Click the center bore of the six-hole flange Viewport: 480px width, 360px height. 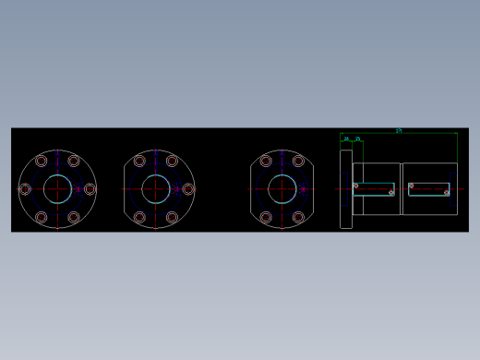pyautogui.click(x=57, y=188)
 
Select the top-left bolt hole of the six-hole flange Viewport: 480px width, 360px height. pyautogui.click(x=41, y=161)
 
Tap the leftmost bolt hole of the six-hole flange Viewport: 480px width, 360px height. pyautogui.click(x=25, y=189)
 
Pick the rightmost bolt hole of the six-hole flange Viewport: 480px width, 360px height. pyautogui.click(x=90, y=189)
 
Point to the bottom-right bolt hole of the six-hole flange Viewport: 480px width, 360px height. pyautogui.click(x=74, y=218)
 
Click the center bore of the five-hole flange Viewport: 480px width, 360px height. pyautogui.click(x=156, y=188)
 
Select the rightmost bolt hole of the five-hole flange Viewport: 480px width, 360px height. pyautogui.click(x=188, y=189)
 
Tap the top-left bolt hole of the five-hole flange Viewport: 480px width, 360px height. pyautogui.click(x=139, y=161)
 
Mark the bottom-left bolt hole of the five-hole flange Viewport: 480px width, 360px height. pyautogui.click(x=139, y=218)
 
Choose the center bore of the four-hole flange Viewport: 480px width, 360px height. pyautogui.click(x=282, y=188)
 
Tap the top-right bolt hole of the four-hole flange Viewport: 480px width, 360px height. pyautogui.click(x=299, y=161)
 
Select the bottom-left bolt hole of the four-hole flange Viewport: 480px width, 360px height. pyautogui.click(x=266, y=218)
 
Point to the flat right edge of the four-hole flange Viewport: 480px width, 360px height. pyautogui.click(x=314, y=189)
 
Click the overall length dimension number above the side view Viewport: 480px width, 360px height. pyautogui.click(x=399, y=131)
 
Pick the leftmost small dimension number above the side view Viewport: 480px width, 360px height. pyautogui.click(x=346, y=139)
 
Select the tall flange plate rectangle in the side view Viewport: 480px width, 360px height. pyautogui.click(x=346, y=188)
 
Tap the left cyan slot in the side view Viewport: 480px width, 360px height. pyautogui.click(x=374, y=188)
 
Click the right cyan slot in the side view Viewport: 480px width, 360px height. pyautogui.click(x=428, y=188)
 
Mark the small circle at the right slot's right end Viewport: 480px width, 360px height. pyautogui.click(x=447, y=193)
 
